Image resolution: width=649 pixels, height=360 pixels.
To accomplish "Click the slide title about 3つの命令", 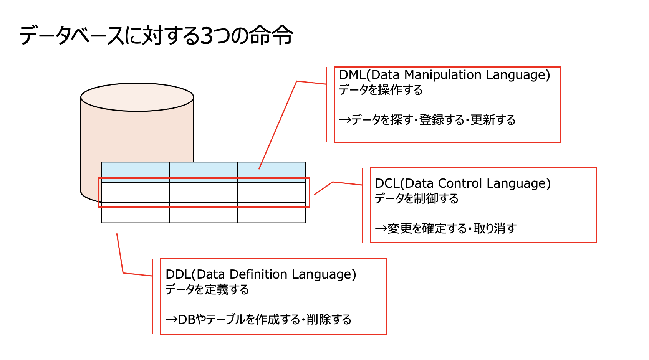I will point(156,36).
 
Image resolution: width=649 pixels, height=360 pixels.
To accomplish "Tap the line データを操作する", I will point(381,90).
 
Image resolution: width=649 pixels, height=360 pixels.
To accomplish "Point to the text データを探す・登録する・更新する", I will point(427,120).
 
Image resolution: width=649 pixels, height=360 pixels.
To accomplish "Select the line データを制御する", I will point(417,198).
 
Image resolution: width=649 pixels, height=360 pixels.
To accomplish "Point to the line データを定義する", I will point(207,289).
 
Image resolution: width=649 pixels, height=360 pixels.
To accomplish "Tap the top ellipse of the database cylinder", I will point(137,97).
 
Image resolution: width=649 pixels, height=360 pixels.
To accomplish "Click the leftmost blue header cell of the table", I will point(135,170).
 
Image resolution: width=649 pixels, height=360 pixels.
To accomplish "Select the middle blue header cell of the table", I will point(203,170).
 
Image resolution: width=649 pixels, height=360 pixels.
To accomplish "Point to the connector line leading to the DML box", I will point(278,123).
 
